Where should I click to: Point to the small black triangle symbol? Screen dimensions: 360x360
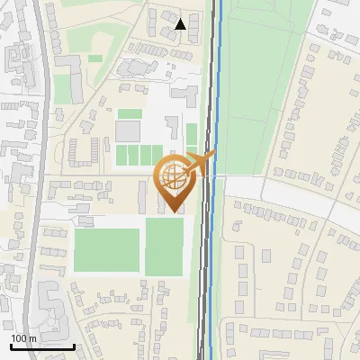click(x=182, y=24)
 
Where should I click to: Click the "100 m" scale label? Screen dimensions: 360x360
click(x=24, y=338)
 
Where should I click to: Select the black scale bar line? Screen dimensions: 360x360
click(x=41, y=346)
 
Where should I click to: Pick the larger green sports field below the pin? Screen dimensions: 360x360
click(x=106, y=249)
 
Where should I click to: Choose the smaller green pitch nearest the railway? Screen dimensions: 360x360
click(x=164, y=246)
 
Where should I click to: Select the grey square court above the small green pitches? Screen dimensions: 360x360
click(x=127, y=131)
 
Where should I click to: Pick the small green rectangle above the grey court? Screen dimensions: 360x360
click(x=130, y=114)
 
